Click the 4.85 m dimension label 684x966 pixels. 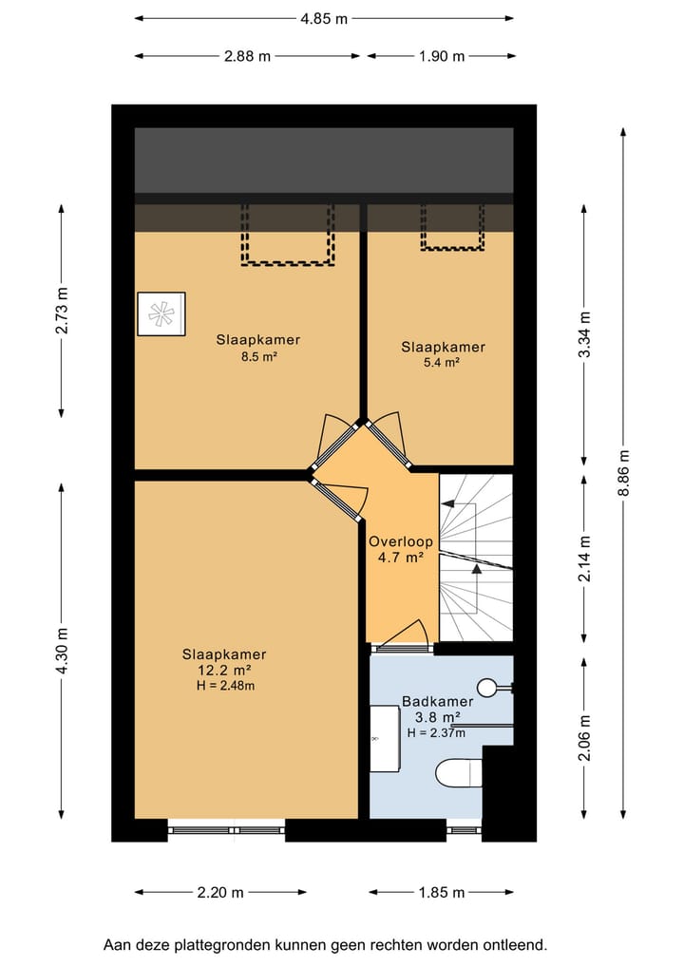[x=324, y=19]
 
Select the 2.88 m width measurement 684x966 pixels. [x=247, y=56]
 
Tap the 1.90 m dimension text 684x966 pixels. [x=442, y=56]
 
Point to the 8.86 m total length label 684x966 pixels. [x=624, y=473]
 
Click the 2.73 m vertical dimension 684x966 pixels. [x=62, y=311]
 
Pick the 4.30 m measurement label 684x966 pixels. [x=62, y=652]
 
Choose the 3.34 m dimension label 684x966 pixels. [x=585, y=334]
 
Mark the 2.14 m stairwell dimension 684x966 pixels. [x=585, y=559]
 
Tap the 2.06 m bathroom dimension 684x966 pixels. [x=585, y=737]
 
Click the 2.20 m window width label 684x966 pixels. [x=220, y=892]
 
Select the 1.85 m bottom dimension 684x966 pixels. [x=442, y=892]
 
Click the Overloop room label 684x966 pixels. [x=401, y=542]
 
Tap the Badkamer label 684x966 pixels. [x=438, y=701]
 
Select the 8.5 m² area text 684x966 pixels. [x=258, y=355]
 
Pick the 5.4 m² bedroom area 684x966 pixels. [x=441, y=362]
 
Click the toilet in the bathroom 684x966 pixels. [x=459, y=773]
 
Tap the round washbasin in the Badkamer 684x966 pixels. [x=488, y=688]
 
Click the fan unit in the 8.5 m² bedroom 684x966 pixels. [x=161, y=314]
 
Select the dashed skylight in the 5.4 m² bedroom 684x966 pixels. [x=452, y=227]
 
